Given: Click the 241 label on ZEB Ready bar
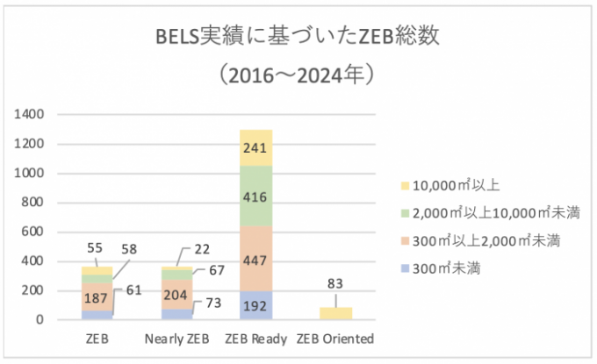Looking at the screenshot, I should [255, 147].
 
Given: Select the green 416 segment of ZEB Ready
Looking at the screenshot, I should [255, 196].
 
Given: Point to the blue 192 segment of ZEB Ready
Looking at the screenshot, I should [255, 306].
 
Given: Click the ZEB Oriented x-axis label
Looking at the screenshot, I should [335, 339].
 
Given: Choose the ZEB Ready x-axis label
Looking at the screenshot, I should [255, 339].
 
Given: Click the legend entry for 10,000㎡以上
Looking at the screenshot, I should [449, 186].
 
